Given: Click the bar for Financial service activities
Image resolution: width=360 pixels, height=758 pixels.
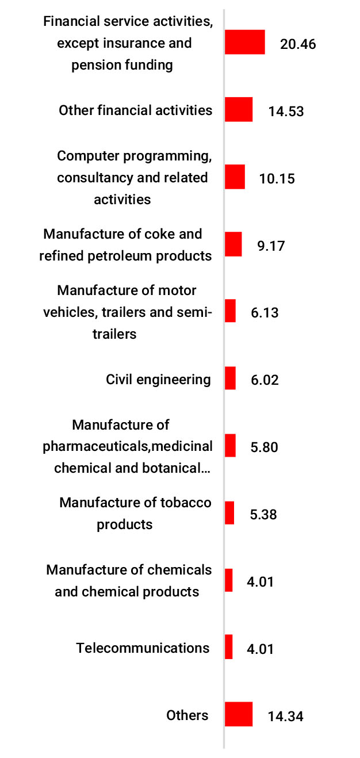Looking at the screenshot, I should point(244,42).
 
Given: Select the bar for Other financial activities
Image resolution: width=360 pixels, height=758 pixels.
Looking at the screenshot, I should point(238,109).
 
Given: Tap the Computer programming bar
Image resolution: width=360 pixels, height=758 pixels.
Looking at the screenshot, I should point(235,177).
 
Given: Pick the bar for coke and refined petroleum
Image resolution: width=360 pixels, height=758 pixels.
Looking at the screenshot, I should point(233,244).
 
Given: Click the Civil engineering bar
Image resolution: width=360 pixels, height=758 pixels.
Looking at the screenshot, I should point(230,378).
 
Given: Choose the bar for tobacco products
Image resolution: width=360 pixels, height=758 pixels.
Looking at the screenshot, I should point(229,512).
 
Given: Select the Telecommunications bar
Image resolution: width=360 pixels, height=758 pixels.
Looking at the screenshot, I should point(228,647).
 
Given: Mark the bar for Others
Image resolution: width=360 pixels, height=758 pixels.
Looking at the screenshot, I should point(238,714).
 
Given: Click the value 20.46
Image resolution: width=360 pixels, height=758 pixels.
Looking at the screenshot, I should point(298,44).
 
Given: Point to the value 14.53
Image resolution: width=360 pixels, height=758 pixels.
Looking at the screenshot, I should point(286,112).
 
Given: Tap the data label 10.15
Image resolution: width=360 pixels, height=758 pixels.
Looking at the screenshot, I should point(277,179).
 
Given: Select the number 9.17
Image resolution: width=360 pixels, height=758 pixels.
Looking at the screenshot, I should point(271,246).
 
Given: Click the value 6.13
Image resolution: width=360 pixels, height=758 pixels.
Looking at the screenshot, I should point(265,313).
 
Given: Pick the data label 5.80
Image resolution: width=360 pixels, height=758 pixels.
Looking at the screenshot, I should point(265,447).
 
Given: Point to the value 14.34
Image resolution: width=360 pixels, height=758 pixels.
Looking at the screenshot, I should point(285,717).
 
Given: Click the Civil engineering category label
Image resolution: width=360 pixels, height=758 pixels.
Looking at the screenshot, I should point(158,380).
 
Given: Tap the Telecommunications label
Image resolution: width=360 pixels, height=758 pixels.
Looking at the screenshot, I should point(143,648).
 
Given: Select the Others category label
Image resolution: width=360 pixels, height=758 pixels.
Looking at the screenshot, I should point(187,715).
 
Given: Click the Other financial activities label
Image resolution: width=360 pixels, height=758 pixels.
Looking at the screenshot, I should point(135,110).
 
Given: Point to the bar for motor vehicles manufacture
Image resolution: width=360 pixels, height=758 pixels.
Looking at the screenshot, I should point(230,311).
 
